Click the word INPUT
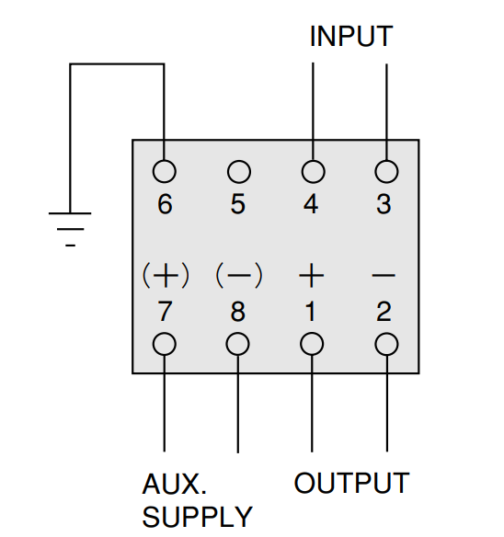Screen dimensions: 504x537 [351, 36]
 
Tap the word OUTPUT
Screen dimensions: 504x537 [352, 483]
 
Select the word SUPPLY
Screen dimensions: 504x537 [198, 517]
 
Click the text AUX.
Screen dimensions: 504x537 [175, 484]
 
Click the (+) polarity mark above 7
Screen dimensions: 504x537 [166, 275]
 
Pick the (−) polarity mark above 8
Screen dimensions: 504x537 [239, 275]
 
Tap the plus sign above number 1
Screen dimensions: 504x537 [312, 275]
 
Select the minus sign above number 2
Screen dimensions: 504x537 [384, 275]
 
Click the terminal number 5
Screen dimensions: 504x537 [238, 204]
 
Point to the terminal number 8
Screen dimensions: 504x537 [238, 312]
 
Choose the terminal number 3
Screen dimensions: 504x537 [384, 204]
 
